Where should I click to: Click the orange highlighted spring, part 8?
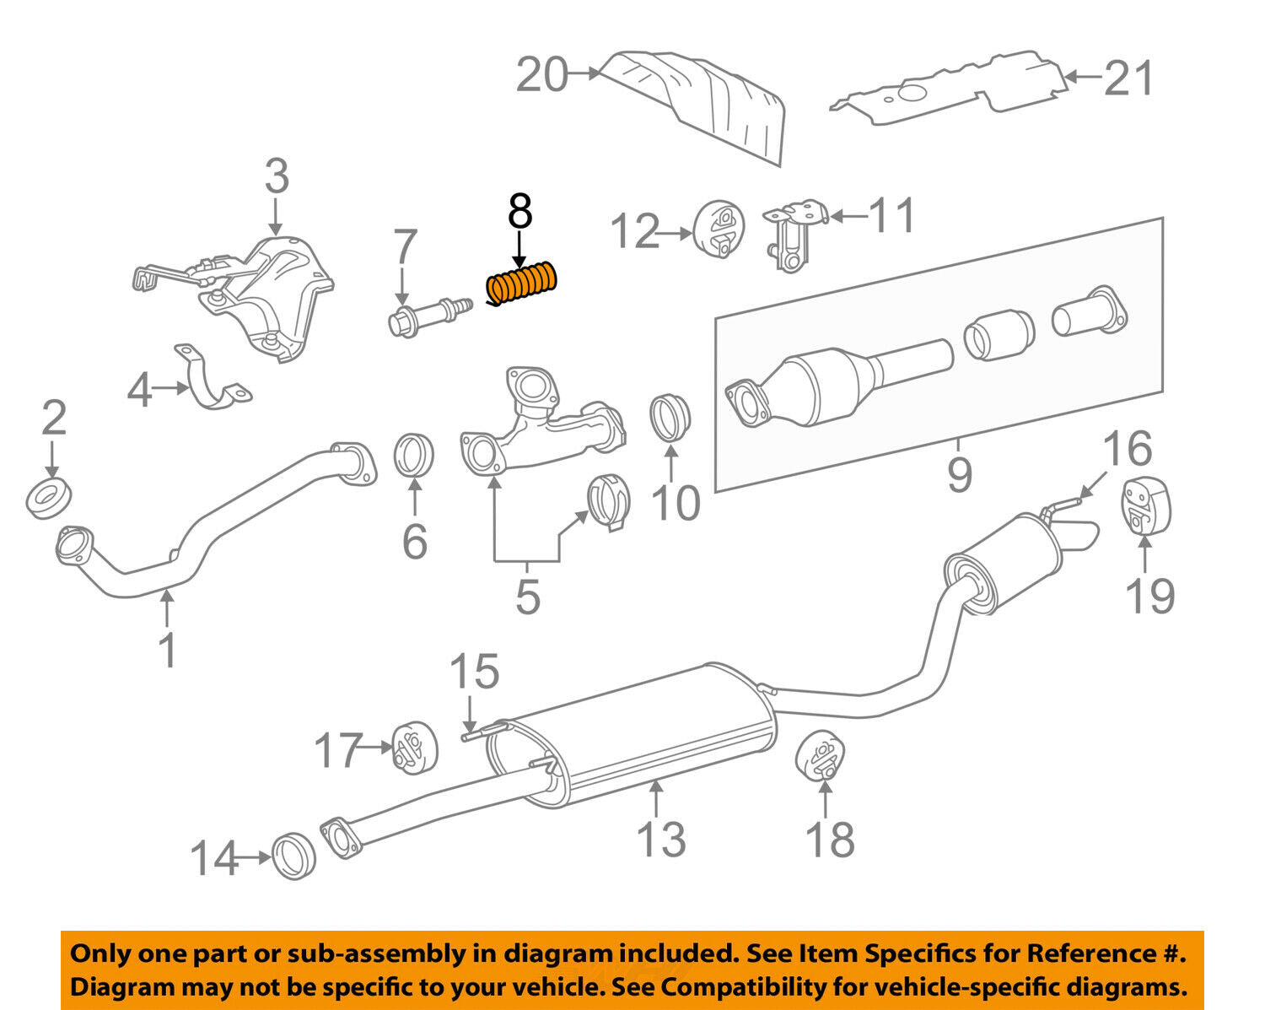(524, 284)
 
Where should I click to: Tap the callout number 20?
(541, 76)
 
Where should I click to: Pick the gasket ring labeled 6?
(414, 456)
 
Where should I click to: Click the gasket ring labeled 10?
(670, 416)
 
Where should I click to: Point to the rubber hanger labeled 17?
(414, 746)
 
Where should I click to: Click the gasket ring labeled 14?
(294, 856)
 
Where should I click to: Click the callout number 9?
(960, 474)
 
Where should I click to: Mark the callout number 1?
(168, 650)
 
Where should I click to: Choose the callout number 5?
(527, 597)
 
